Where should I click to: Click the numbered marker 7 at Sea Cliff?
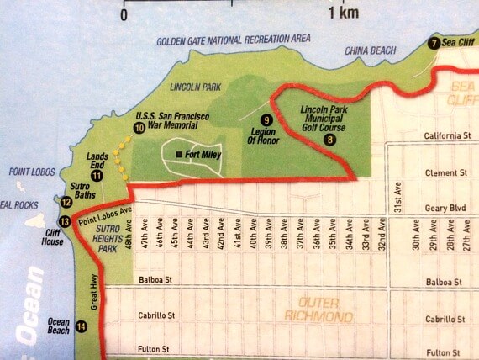(434, 44)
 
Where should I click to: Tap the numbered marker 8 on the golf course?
(329, 140)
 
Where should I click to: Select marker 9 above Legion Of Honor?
(267, 119)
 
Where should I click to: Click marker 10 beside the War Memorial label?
(139, 127)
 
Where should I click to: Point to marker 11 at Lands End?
(97, 175)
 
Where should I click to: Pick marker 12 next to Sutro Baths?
(66, 201)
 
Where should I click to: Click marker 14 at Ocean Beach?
(81, 327)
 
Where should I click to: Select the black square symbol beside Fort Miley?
(178, 154)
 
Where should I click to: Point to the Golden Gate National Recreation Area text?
(234, 39)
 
